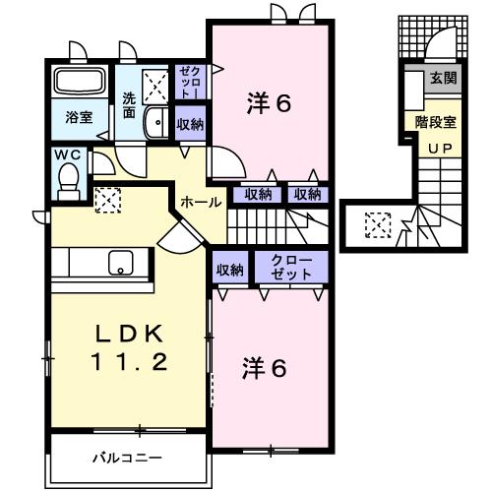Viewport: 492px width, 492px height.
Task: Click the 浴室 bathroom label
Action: (x=80, y=117)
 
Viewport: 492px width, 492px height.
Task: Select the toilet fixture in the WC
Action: (x=69, y=179)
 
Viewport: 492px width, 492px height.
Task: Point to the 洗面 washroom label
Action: (x=129, y=105)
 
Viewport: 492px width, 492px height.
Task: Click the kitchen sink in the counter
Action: (x=120, y=262)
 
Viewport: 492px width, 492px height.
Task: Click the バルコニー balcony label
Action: (x=128, y=458)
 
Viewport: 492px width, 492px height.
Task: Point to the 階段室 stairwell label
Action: (x=435, y=124)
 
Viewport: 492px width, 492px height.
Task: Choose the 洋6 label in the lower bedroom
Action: (x=265, y=369)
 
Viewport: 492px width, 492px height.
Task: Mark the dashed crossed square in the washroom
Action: (x=156, y=86)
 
